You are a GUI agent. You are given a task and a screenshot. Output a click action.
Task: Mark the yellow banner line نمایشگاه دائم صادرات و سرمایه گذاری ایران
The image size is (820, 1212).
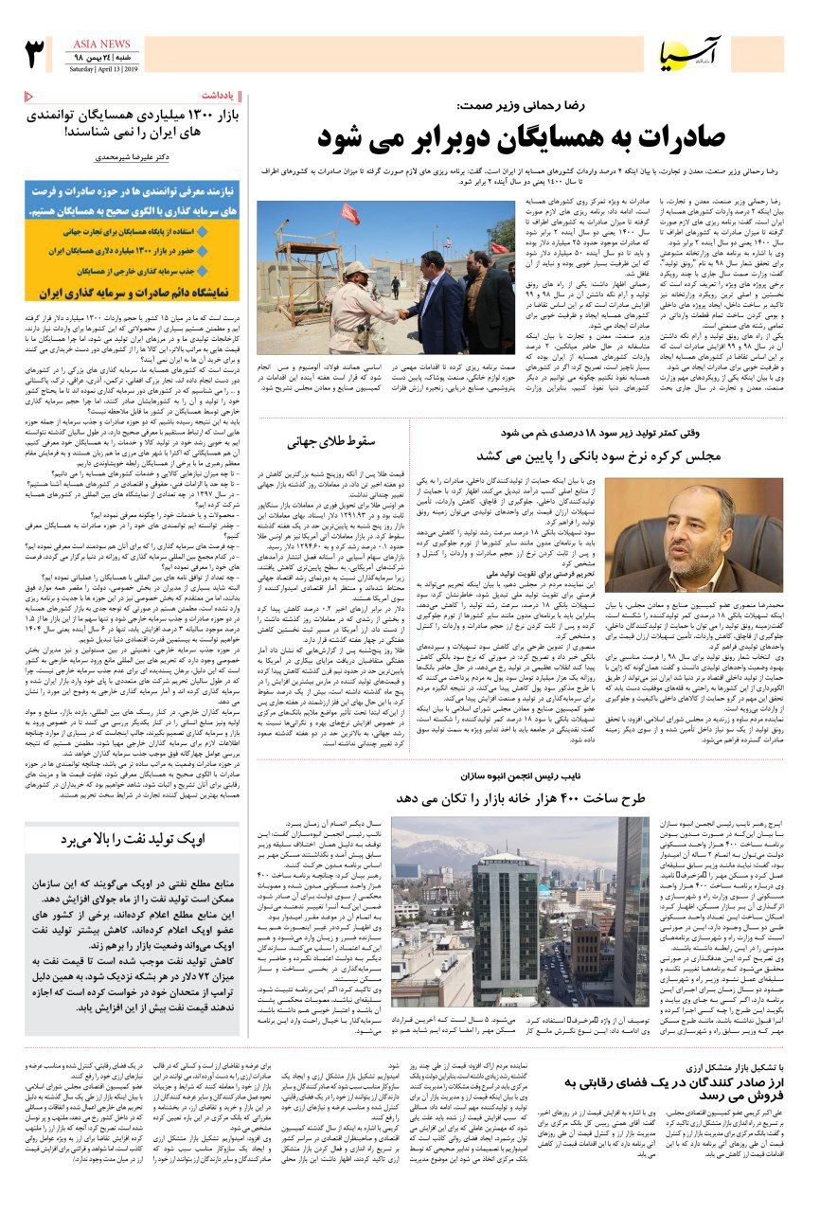click(133, 294)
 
